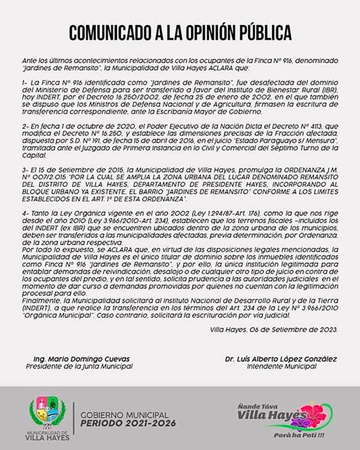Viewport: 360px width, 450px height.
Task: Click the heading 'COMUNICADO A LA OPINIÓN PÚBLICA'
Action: [x=180, y=32]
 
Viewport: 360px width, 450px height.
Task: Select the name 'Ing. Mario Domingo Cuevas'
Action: [x=81, y=359]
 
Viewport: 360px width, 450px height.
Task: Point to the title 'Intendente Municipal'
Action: [x=281, y=366]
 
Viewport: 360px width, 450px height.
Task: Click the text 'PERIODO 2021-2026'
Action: [x=128, y=423]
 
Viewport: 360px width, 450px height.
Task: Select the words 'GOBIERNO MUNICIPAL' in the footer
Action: [x=124, y=415]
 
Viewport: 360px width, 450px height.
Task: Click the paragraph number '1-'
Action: [x=25, y=82]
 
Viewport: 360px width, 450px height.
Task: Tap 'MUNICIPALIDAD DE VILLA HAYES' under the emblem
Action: [x=47, y=436]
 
